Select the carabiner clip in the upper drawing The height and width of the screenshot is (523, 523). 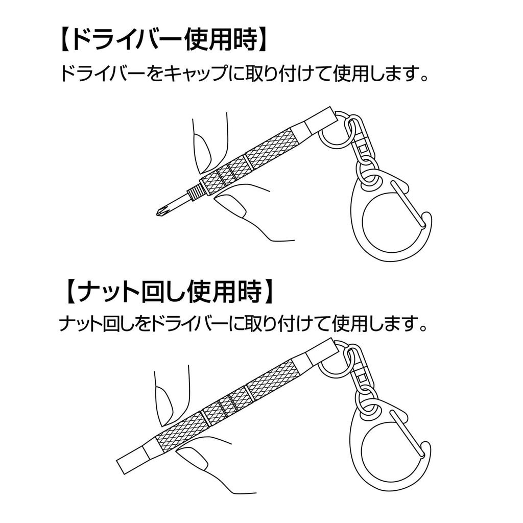[x=391, y=215]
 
